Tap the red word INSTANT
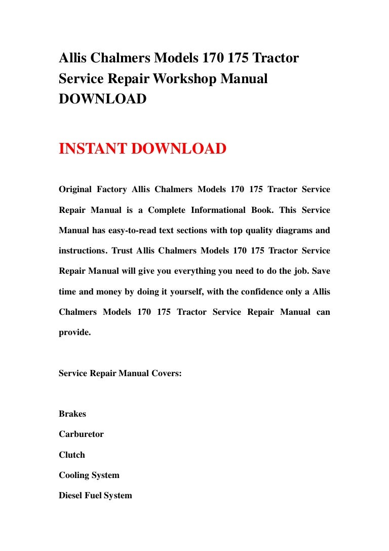coord(93,149)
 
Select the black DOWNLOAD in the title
coord(103,99)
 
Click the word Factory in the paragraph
coord(111,190)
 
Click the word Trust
coord(122,250)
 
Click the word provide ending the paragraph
coord(74,333)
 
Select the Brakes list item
coord(72,414)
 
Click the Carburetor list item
coord(81,434)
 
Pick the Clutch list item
coord(72,455)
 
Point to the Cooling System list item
coord(89,475)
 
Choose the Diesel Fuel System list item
coord(95,496)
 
